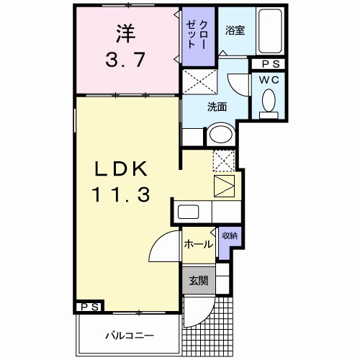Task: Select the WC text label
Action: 270,79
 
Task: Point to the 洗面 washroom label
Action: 217,107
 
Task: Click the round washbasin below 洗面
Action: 220,135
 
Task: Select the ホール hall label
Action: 197,244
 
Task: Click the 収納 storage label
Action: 229,236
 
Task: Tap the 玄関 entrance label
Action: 198,281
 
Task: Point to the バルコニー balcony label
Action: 127,335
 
